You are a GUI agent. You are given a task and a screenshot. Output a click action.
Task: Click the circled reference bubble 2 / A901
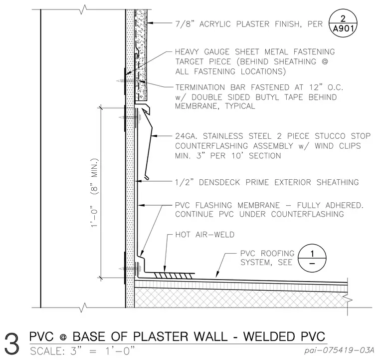343,23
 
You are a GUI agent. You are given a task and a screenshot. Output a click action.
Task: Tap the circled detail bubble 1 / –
312,258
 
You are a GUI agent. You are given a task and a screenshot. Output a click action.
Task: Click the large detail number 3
12,344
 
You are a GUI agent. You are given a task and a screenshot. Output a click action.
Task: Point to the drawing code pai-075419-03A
339,350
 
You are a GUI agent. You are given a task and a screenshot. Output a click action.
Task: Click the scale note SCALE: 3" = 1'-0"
82,351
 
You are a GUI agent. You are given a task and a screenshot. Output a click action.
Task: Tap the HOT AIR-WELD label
205,235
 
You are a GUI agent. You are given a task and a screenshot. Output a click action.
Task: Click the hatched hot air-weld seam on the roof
174,275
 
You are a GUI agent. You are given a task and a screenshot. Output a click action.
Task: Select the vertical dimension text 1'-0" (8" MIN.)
94,193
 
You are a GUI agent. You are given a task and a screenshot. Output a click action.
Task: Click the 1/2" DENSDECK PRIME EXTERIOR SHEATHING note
267,182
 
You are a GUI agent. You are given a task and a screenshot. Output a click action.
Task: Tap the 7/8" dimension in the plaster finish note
185,24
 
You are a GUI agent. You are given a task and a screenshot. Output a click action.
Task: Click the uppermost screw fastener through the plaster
127,80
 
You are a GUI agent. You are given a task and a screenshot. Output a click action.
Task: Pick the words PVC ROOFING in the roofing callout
267,253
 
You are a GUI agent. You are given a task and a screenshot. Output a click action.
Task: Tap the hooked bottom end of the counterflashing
147,178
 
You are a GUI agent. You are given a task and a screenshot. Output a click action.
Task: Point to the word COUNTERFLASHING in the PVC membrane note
308,214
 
